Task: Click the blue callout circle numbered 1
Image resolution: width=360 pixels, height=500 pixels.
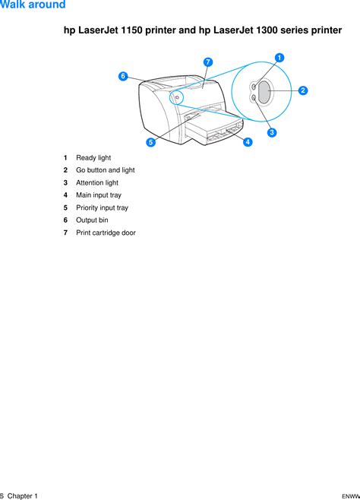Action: pyautogui.click(x=279, y=58)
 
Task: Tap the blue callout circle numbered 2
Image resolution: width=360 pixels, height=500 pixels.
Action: pyautogui.click(x=303, y=90)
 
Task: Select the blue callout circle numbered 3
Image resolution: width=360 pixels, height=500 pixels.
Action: pyautogui.click(x=272, y=132)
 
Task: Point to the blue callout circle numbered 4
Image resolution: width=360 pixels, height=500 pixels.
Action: pyautogui.click(x=248, y=142)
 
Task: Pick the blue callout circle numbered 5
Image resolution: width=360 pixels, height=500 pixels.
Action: pyautogui.click(x=151, y=142)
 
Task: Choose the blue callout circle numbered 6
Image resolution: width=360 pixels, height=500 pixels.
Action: pyautogui.click(x=123, y=76)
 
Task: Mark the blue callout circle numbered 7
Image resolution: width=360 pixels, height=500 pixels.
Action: pyautogui.click(x=208, y=62)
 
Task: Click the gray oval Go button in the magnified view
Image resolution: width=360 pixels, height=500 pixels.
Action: pyautogui.click(x=264, y=92)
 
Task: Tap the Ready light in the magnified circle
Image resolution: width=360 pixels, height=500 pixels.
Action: pyautogui.click(x=254, y=87)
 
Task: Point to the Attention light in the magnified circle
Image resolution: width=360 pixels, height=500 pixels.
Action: pyautogui.click(x=254, y=97)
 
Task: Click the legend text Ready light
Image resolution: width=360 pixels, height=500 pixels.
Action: pyautogui.click(x=93, y=158)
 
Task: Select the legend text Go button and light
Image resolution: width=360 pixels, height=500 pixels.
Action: pyautogui.click(x=106, y=170)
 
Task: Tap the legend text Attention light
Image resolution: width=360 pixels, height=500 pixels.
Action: pyautogui.click(x=97, y=182)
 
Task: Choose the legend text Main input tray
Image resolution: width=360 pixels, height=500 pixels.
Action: pyautogui.click(x=99, y=195)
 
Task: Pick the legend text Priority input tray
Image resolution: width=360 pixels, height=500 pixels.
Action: pyautogui.click(x=102, y=208)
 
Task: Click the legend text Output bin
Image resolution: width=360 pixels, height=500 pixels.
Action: pyautogui.click(x=92, y=220)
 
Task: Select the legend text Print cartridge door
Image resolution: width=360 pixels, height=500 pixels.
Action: pyautogui.click(x=106, y=233)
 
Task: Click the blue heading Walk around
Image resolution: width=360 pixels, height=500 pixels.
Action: pyautogui.click(x=33, y=5)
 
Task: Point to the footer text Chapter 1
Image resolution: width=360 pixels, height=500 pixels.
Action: pyautogui.click(x=22, y=496)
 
